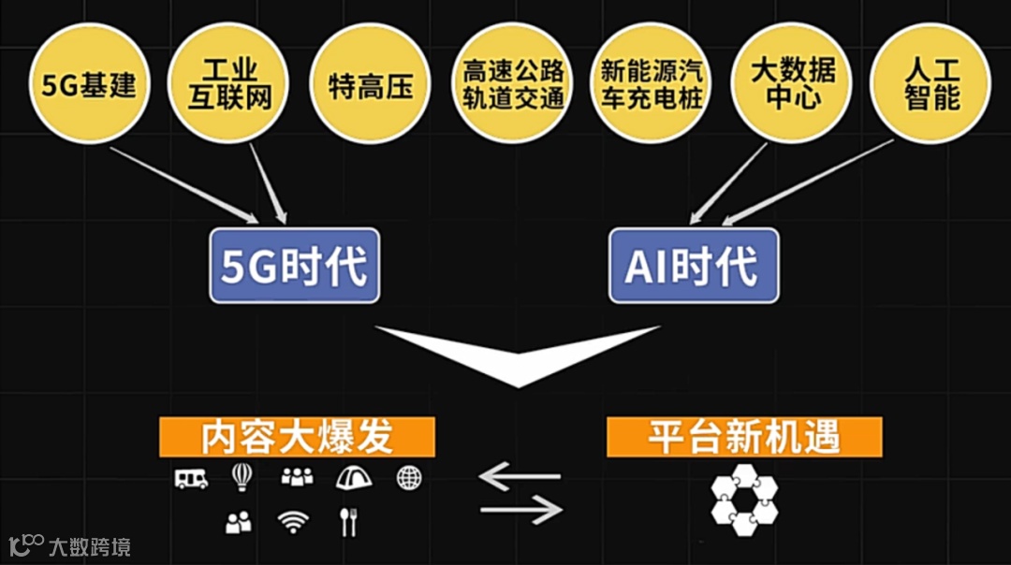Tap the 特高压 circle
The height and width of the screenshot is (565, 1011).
370,86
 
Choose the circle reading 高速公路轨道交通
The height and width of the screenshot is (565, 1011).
514,84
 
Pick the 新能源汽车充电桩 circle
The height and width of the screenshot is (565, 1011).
652,84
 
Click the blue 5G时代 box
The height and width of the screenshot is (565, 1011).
295,267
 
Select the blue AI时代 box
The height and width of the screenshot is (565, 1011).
693,267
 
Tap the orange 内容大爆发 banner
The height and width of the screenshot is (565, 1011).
297,437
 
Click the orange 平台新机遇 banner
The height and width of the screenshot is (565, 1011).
744,437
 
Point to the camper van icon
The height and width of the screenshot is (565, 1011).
191,478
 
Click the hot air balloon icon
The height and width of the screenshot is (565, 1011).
242,477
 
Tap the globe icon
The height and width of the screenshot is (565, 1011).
409,477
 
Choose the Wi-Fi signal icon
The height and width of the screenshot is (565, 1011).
293,522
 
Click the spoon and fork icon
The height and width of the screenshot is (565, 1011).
349,521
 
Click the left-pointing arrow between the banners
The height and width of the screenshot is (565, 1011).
520,478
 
